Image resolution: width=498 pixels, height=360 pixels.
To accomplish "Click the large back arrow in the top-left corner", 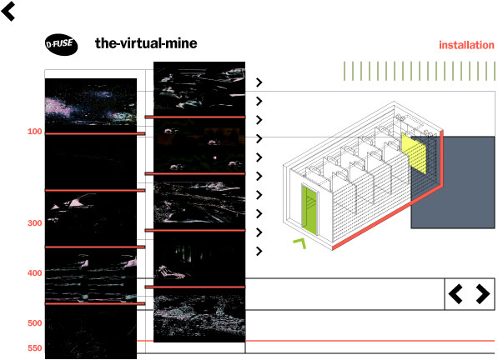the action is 8,11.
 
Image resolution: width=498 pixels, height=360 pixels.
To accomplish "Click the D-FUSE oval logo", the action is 61,44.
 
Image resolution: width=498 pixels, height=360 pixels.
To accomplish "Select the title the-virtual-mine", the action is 146,43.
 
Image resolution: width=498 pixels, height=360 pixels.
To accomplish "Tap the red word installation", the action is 466,45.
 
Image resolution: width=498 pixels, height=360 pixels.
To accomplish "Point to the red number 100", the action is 35,132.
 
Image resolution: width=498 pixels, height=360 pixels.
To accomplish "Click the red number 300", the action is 35,223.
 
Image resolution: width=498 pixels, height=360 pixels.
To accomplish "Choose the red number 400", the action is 35,272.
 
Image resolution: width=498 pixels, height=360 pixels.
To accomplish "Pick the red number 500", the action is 35,322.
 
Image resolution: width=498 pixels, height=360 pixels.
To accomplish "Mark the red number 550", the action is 35,348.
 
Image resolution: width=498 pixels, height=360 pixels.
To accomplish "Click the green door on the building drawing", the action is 309,210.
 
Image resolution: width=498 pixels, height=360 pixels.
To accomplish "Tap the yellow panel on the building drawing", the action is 414,152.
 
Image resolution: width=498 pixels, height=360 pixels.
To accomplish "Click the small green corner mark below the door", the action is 299,243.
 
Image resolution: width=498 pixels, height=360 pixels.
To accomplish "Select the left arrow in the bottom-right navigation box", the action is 455,294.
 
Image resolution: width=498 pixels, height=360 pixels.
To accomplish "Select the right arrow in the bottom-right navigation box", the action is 483,294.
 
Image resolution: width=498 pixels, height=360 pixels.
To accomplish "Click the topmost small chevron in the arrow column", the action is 259,82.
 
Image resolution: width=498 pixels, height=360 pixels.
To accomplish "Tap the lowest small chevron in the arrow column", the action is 259,251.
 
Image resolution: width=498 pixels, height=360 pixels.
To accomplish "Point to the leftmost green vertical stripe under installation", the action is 345,71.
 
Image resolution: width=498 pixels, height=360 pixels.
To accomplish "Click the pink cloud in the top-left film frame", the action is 58,107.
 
